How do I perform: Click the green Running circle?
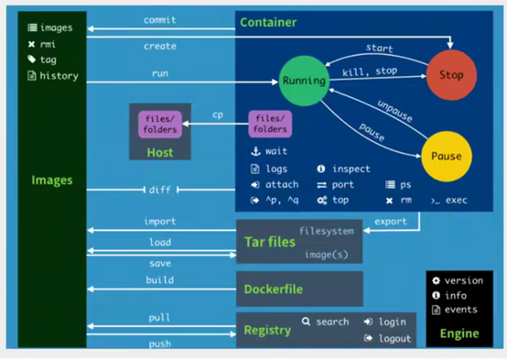[304, 80]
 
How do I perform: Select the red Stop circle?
[451, 75]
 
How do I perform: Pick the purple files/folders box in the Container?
[271, 124]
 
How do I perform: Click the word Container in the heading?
[267, 22]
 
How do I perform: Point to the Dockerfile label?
[274, 289]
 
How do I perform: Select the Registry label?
[267, 330]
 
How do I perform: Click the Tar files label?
[269, 241]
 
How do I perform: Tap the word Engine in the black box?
[459, 333]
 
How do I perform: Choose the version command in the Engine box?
[463, 281]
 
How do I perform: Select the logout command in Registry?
[394, 338]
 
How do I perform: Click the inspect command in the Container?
[351, 169]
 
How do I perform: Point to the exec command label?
[456, 200]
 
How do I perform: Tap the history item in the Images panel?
[59, 76]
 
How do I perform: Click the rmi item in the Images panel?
[48, 44]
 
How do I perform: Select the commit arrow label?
[160, 19]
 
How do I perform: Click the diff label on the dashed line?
[160, 190]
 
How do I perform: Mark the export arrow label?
[392, 221]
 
